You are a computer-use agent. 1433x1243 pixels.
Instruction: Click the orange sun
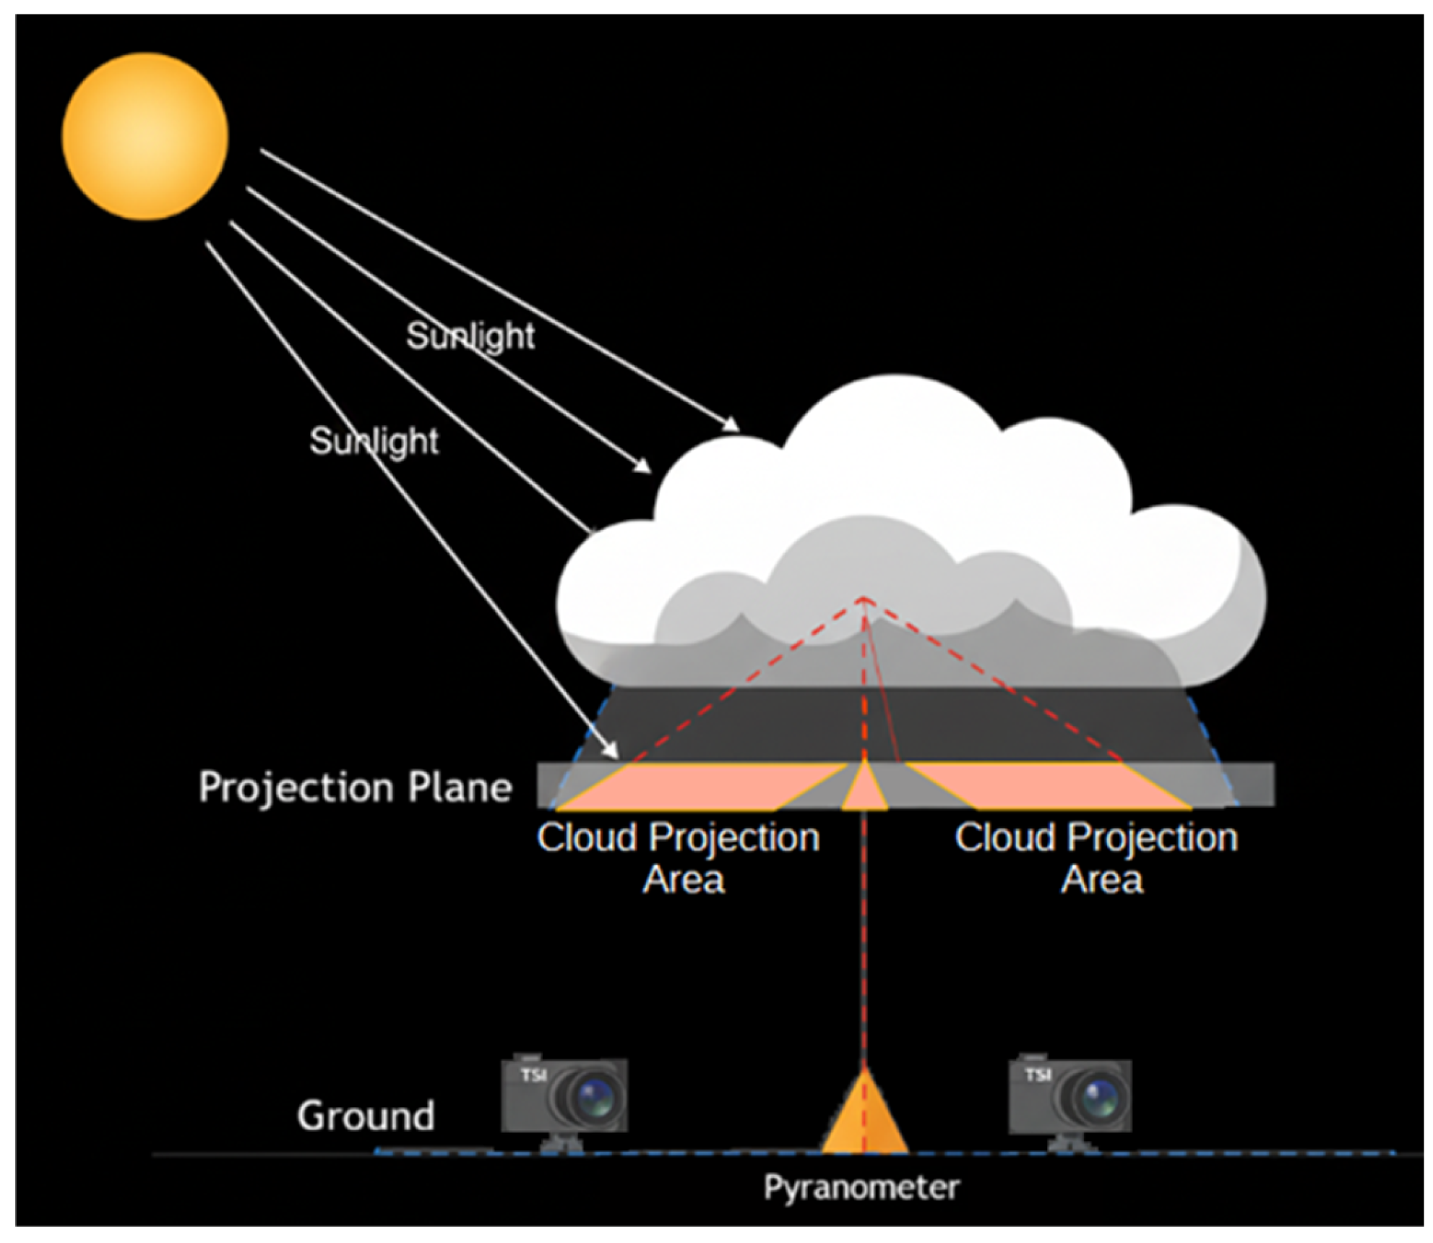click(145, 136)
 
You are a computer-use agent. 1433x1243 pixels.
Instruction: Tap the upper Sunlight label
click(470, 336)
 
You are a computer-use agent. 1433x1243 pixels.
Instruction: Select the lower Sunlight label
click(374, 440)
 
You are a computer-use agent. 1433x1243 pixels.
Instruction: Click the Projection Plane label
click(355, 787)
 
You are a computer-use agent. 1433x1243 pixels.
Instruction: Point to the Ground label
click(366, 1115)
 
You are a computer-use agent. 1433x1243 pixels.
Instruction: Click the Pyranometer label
click(861, 1187)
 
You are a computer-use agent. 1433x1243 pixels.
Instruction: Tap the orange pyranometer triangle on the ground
click(864, 1112)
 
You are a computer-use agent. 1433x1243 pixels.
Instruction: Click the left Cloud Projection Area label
click(679, 858)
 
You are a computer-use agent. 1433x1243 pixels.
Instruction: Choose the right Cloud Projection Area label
click(1096, 858)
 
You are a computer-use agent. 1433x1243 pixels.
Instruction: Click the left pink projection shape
click(694, 786)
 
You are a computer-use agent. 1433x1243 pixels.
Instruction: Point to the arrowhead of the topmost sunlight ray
click(731, 424)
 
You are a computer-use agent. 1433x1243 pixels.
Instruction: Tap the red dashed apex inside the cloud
click(864, 599)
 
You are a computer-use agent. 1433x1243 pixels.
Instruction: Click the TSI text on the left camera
click(533, 1075)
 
